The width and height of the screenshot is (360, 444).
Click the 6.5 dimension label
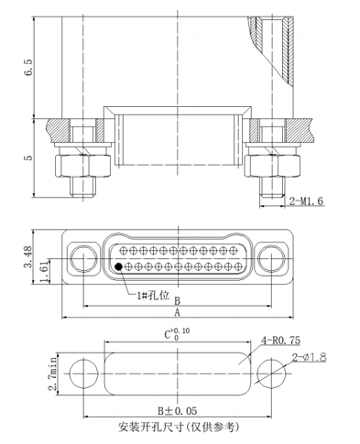tap(29, 68)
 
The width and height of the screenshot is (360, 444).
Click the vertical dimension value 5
tap(29, 157)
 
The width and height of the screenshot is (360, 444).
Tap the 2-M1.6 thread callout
tap(306, 201)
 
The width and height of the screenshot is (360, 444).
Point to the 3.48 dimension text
tap(28, 257)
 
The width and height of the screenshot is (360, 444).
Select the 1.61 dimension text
tap(45, 271)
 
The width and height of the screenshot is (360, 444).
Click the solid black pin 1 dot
tap(118, 266)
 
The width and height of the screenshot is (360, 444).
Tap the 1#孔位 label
tap(153, 296)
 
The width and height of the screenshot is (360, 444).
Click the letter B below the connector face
tap(177, 301)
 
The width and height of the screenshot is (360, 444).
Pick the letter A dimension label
tap(177, 312)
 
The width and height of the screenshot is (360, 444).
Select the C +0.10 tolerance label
tap(177, 334)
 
